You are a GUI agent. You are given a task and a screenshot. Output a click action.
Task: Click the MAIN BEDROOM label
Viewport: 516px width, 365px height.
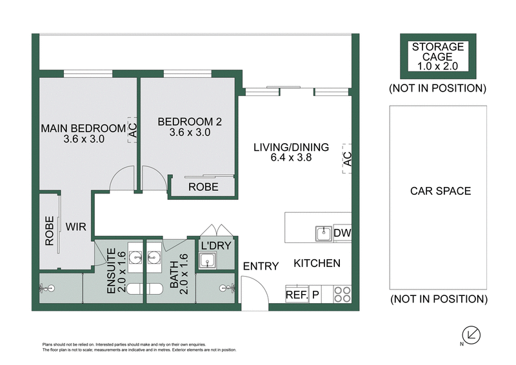tap(82, 127)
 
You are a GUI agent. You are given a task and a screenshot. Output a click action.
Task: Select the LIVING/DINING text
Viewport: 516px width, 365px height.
tap(291, 147)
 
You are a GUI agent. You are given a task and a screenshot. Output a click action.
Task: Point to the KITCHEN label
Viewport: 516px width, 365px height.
tap(317, 263)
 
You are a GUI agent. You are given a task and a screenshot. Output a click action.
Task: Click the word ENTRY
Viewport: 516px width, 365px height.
tap(261, 266)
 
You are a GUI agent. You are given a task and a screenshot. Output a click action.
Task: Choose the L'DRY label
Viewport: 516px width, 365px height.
tap(212, 245)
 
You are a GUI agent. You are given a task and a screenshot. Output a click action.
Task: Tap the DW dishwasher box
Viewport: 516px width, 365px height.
tap(341, 233)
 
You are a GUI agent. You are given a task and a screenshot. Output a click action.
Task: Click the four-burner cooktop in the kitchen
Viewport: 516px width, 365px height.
tap(342, 294)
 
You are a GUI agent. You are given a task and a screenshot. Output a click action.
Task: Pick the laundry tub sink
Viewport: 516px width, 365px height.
tap(208, 261)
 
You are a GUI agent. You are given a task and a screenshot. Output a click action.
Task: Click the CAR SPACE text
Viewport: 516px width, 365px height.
tap(440, 191)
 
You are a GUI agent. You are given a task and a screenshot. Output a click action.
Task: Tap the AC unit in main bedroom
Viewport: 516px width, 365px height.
tap(132, 130)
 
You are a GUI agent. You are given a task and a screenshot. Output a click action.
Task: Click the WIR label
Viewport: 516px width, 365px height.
tap(76, 226)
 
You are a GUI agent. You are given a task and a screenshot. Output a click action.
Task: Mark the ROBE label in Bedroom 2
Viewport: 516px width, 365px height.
tap(203, 187)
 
